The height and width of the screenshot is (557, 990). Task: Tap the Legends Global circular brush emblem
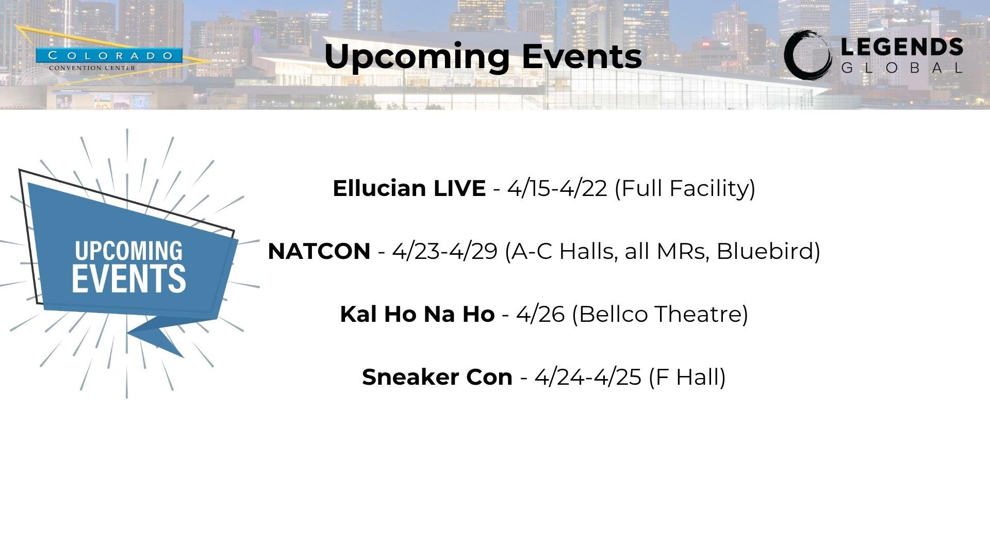(808, 55)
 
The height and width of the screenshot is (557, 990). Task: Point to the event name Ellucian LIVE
(409, 188)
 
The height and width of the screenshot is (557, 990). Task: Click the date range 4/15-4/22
(557, 188)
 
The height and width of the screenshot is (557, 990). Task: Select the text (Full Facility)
(685, 189)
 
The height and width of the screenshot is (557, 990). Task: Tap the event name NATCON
(319, 251)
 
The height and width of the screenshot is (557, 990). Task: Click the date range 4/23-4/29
(444, 251)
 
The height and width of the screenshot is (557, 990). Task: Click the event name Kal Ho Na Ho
(417, 314)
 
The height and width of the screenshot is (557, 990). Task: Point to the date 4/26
(540, 314)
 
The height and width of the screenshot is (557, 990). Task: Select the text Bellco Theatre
(660, 314)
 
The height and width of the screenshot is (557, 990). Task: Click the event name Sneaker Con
(437, 377)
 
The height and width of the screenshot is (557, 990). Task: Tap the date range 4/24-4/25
(588, 377)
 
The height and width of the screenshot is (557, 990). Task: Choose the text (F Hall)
(687, 378)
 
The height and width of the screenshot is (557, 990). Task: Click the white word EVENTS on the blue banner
(129, 278)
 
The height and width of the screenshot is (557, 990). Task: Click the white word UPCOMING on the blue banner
(129, 251)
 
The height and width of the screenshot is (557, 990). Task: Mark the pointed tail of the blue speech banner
(183, 356)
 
